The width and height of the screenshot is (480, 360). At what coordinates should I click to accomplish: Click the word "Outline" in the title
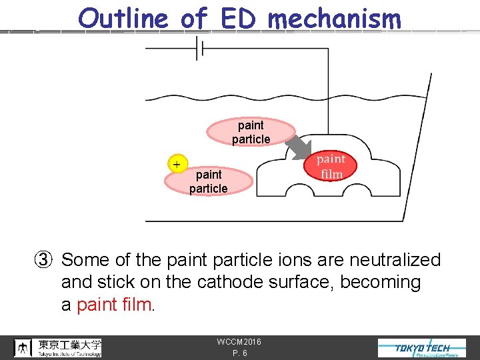tap(123, 18)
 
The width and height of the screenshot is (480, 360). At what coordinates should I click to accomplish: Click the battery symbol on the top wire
tap(199, 48)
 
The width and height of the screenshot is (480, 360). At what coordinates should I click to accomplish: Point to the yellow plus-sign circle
tap(177, 164)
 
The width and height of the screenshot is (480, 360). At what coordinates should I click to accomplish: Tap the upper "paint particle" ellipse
tap(251, 132)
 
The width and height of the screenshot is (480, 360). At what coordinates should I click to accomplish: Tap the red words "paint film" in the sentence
tap(115, 305)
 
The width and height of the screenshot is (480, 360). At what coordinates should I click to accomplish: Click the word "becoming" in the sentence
tap(381, 283)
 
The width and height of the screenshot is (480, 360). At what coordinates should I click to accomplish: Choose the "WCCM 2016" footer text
tap(239, 342)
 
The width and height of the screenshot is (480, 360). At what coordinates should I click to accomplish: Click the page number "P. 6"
tap(240, 353)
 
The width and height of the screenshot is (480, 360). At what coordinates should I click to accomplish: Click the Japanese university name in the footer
tap(69, 345)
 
